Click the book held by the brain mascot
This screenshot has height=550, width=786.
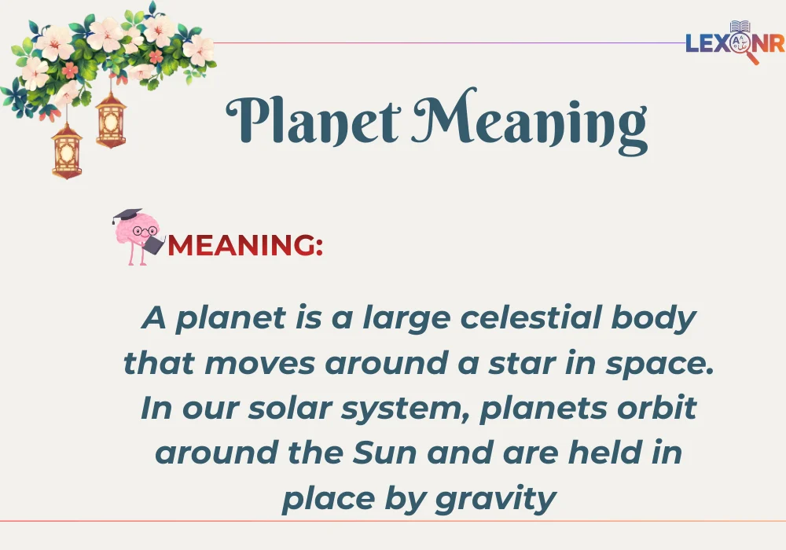(x=153, y=244)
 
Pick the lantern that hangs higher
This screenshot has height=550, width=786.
(x=111, y=118)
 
